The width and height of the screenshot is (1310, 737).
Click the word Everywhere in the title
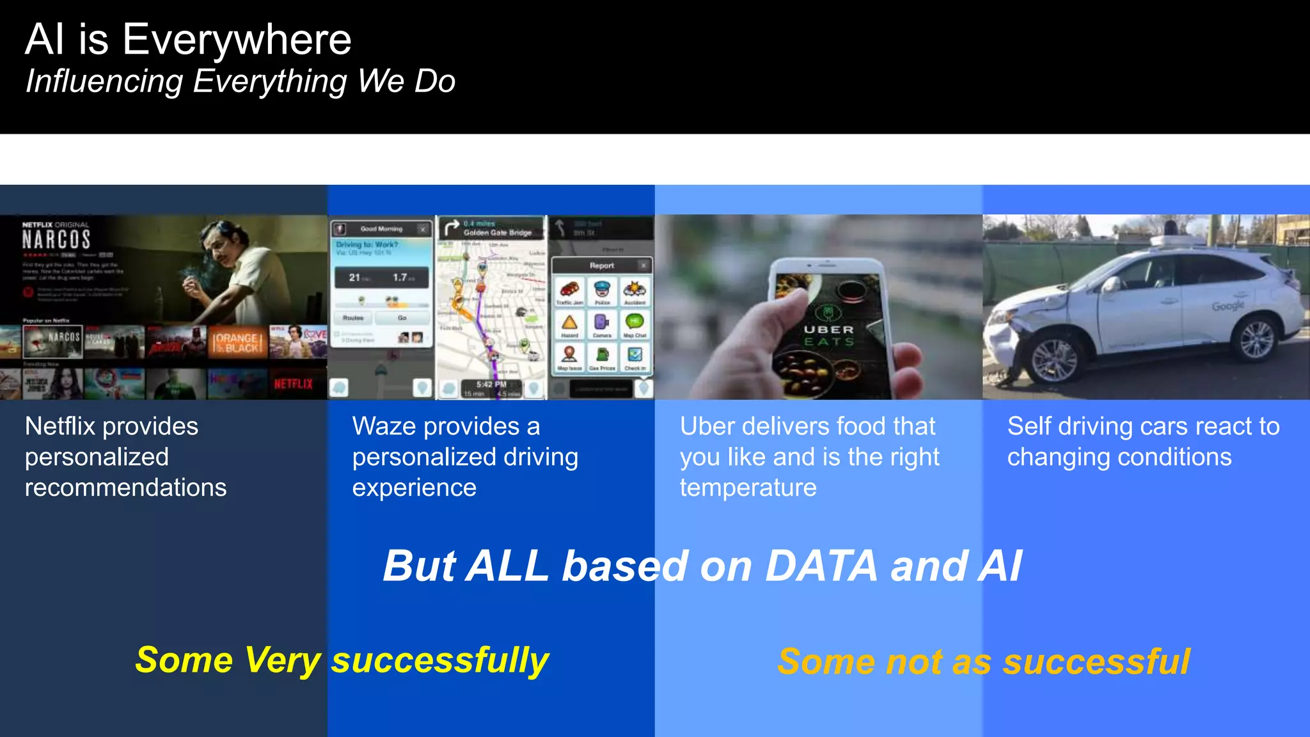click(237, 40)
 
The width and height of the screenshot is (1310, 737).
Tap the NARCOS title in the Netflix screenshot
click(56, 240)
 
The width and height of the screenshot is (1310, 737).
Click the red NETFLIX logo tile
click(294, 384)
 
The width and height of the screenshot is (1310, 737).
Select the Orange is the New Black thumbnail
click(236, 342)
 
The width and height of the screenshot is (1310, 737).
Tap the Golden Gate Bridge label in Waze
click(498, 233)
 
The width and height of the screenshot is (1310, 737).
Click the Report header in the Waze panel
click(601, 265)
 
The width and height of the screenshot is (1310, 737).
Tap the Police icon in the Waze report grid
click(602, 290)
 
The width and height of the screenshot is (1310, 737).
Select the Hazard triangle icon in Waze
click(569, 322)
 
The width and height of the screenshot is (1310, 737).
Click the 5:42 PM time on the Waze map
click(491, 384)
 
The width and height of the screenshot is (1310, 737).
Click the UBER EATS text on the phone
click(829, 335)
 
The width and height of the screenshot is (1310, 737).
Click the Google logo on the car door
click(1227, 306)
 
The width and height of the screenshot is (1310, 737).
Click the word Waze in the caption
click(381, 426)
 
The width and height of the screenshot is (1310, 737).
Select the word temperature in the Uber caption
click(748, 487)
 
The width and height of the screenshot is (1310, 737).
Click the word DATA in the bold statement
click(821, 566)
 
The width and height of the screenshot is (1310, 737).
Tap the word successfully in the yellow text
click(439, 660)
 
